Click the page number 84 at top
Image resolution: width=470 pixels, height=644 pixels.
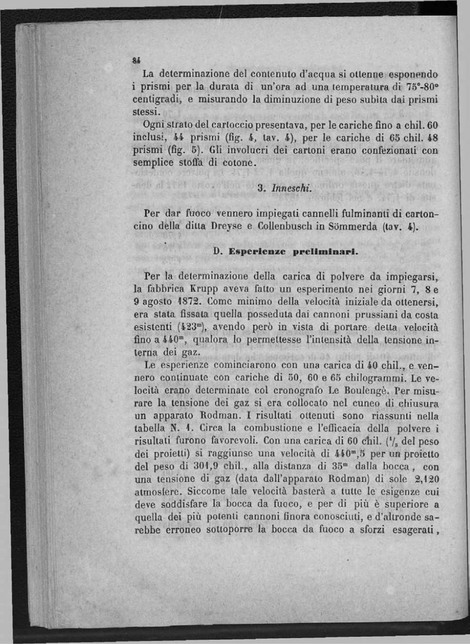point(136,61)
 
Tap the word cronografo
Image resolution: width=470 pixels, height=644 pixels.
point(296,391)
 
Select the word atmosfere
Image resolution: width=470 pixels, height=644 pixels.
point(157,492)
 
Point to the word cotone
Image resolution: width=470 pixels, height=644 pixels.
point(239,163)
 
